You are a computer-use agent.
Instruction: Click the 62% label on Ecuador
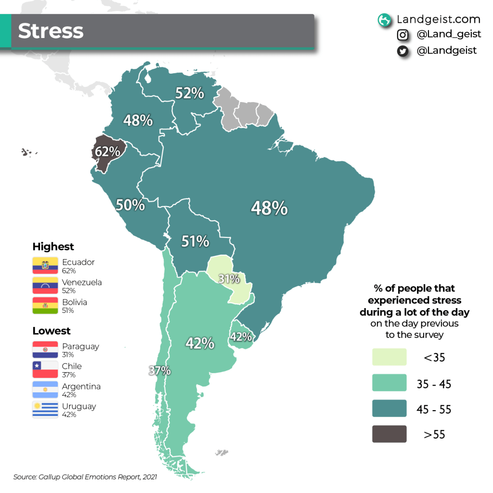tap(107, 152)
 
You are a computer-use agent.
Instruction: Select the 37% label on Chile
tap(159, 371)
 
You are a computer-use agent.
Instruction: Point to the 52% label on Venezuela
tap(190, 93)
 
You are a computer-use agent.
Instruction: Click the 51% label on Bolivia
tap(195, 241)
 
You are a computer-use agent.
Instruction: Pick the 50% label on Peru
tap(130, 205)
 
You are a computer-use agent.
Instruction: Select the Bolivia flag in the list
tap(45, 306)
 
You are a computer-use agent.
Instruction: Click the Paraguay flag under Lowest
tap(45, 350)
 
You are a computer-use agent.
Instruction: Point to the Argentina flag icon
tap(45, 390)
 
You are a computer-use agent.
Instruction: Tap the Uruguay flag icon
tap(45, 410)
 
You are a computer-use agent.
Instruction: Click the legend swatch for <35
tap(389, 357)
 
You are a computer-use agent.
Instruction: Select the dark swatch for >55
tap(389, 434)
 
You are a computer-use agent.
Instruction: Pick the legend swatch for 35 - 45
tap(389, 383)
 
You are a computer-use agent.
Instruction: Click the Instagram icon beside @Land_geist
tap(403, 35)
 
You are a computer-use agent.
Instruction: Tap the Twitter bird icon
tap(403, 51)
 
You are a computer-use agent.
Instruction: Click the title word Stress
tap(51, 31)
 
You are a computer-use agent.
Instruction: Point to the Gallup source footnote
tap(85, 477)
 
